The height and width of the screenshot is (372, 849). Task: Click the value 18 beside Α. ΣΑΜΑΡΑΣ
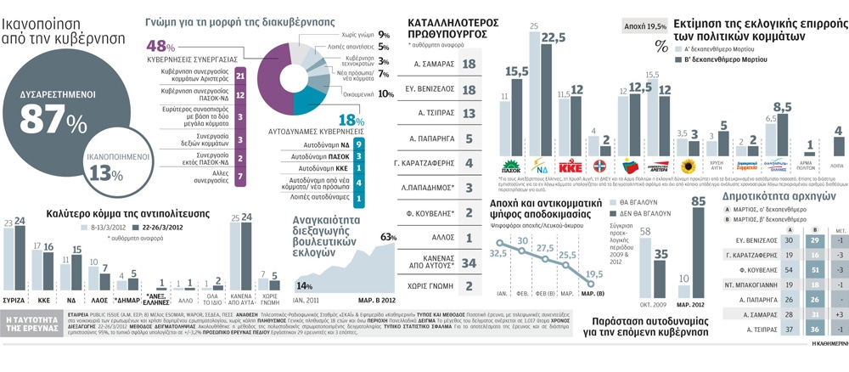point(469,65)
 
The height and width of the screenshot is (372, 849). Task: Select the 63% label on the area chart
point(389,236)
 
